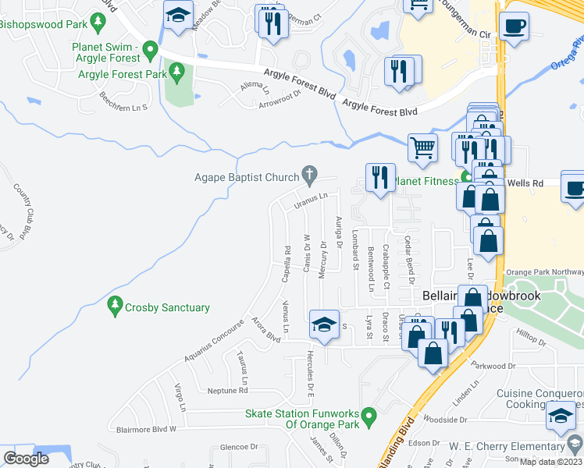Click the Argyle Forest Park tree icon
177,74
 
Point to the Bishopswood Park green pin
98,21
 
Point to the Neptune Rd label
227,391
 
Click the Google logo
27,459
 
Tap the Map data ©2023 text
551,462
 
